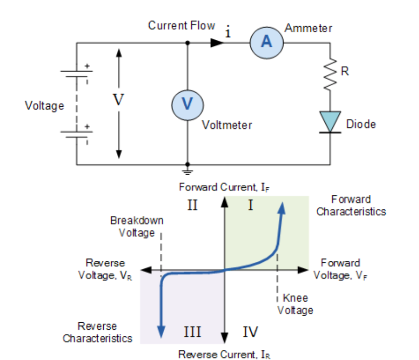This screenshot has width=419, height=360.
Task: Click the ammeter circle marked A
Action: [x=266, y=42]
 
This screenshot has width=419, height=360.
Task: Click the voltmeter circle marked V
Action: [x=187, y=104]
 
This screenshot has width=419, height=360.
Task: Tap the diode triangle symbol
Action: [x=330, y=121]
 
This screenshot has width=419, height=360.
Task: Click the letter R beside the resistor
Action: [x=344, y=71]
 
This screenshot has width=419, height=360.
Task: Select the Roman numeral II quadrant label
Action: [x=192, y=205]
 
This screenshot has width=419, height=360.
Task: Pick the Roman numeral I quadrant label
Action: [x=250, y=205]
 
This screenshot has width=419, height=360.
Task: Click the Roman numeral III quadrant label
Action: [x=192, y=332]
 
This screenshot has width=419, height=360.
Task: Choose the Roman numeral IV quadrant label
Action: [x=250, y=332]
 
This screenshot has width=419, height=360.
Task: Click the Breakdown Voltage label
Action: [x=136, y=227]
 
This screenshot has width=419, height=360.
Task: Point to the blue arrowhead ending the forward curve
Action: [x=283, y=207]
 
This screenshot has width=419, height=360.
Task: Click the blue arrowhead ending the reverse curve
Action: [x=161, y=330]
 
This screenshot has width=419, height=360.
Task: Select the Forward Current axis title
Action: [x=225, y=187]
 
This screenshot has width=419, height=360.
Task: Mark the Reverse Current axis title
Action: [x=225, y=354]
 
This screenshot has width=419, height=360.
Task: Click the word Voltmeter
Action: [x=227, y=124]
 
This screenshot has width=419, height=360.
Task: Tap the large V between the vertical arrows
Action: [x=118, y=100]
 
